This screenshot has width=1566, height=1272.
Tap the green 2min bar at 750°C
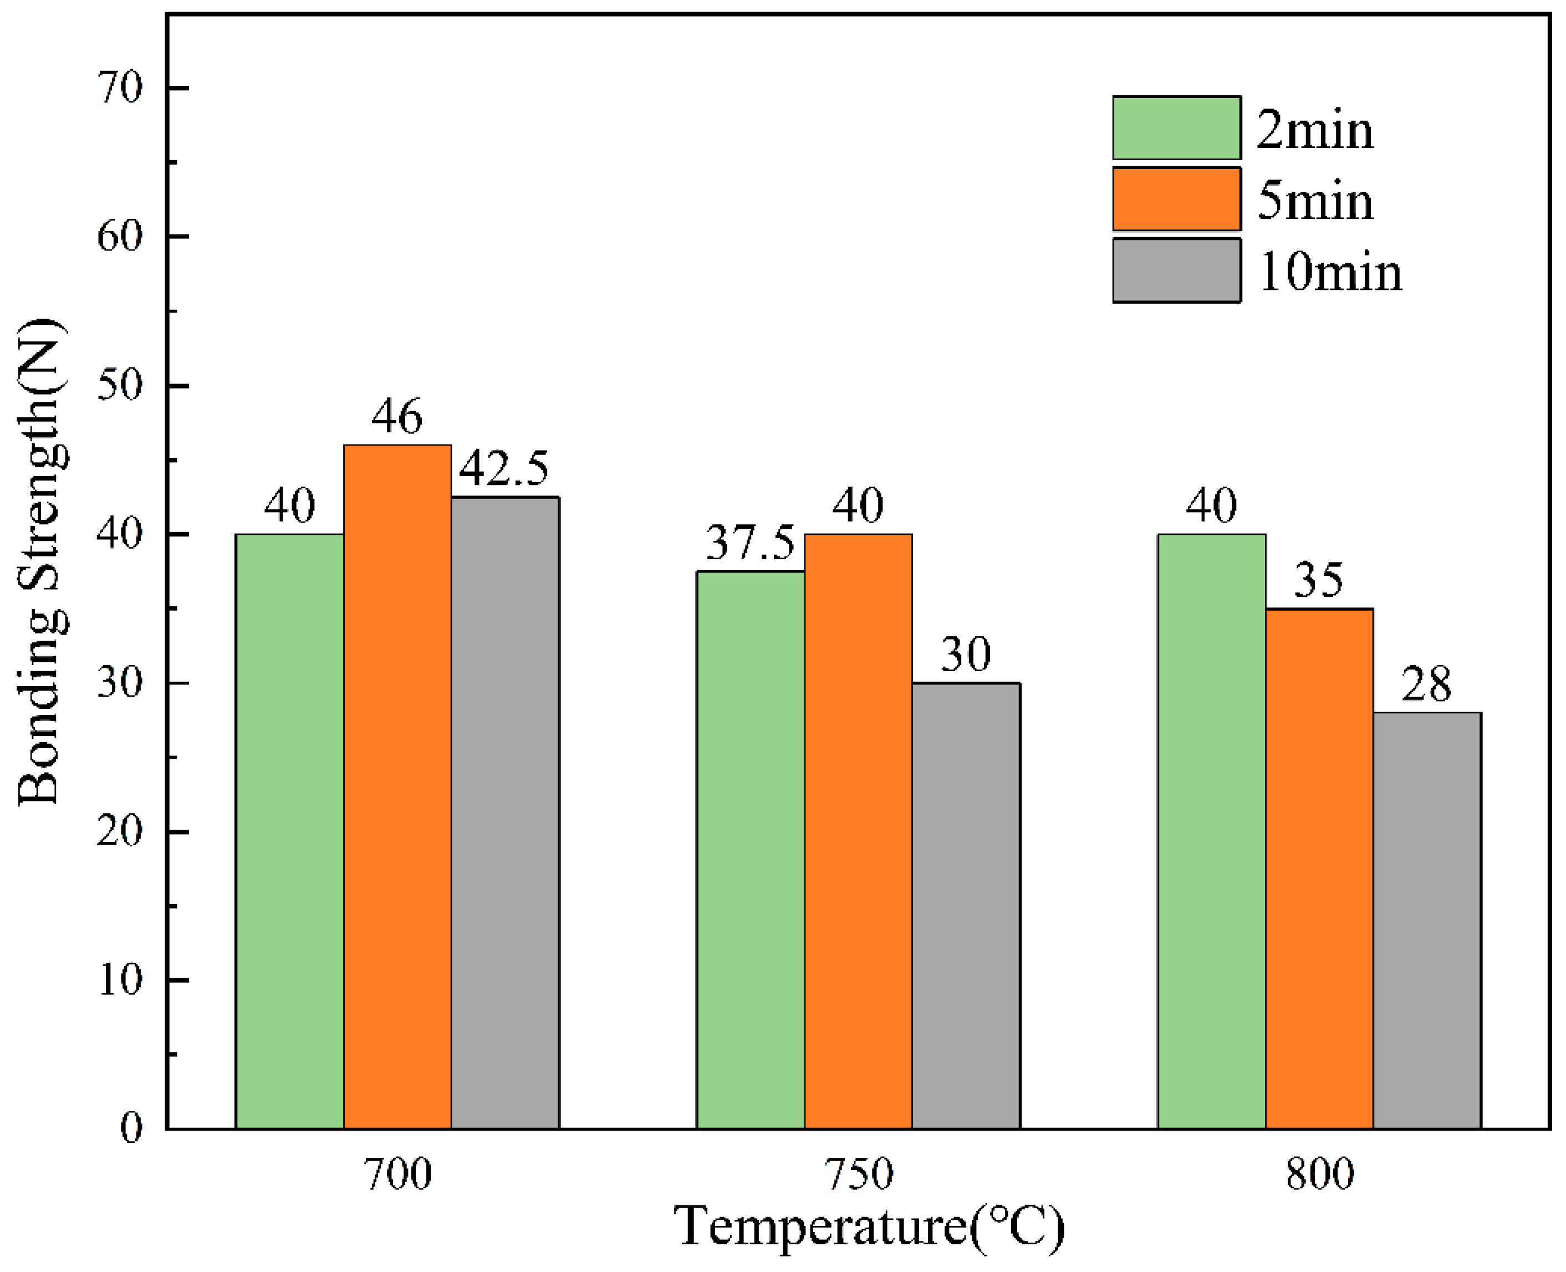751,850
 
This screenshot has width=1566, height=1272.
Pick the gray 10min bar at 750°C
966,906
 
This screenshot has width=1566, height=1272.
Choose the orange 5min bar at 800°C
1319,869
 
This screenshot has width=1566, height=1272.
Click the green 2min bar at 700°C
289,831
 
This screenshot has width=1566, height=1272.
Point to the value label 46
396,416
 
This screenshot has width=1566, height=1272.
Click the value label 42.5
503,468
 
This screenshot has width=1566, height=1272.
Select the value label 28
1426,684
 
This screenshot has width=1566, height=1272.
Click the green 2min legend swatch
1176,127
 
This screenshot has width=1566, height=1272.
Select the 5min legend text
1315,200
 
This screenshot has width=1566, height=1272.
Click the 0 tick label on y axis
131,1128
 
